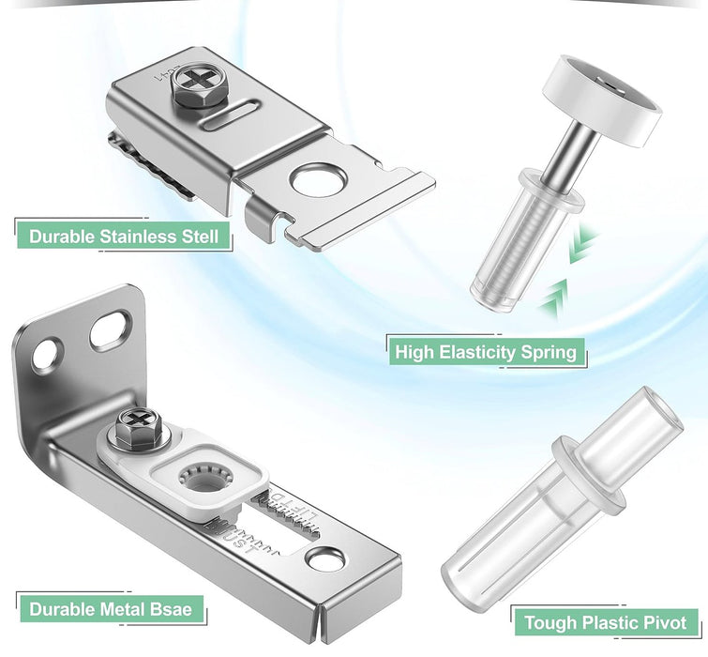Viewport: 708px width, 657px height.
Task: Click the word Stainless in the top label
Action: [138, 236]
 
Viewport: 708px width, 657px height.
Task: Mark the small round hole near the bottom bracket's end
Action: [325, 560]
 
